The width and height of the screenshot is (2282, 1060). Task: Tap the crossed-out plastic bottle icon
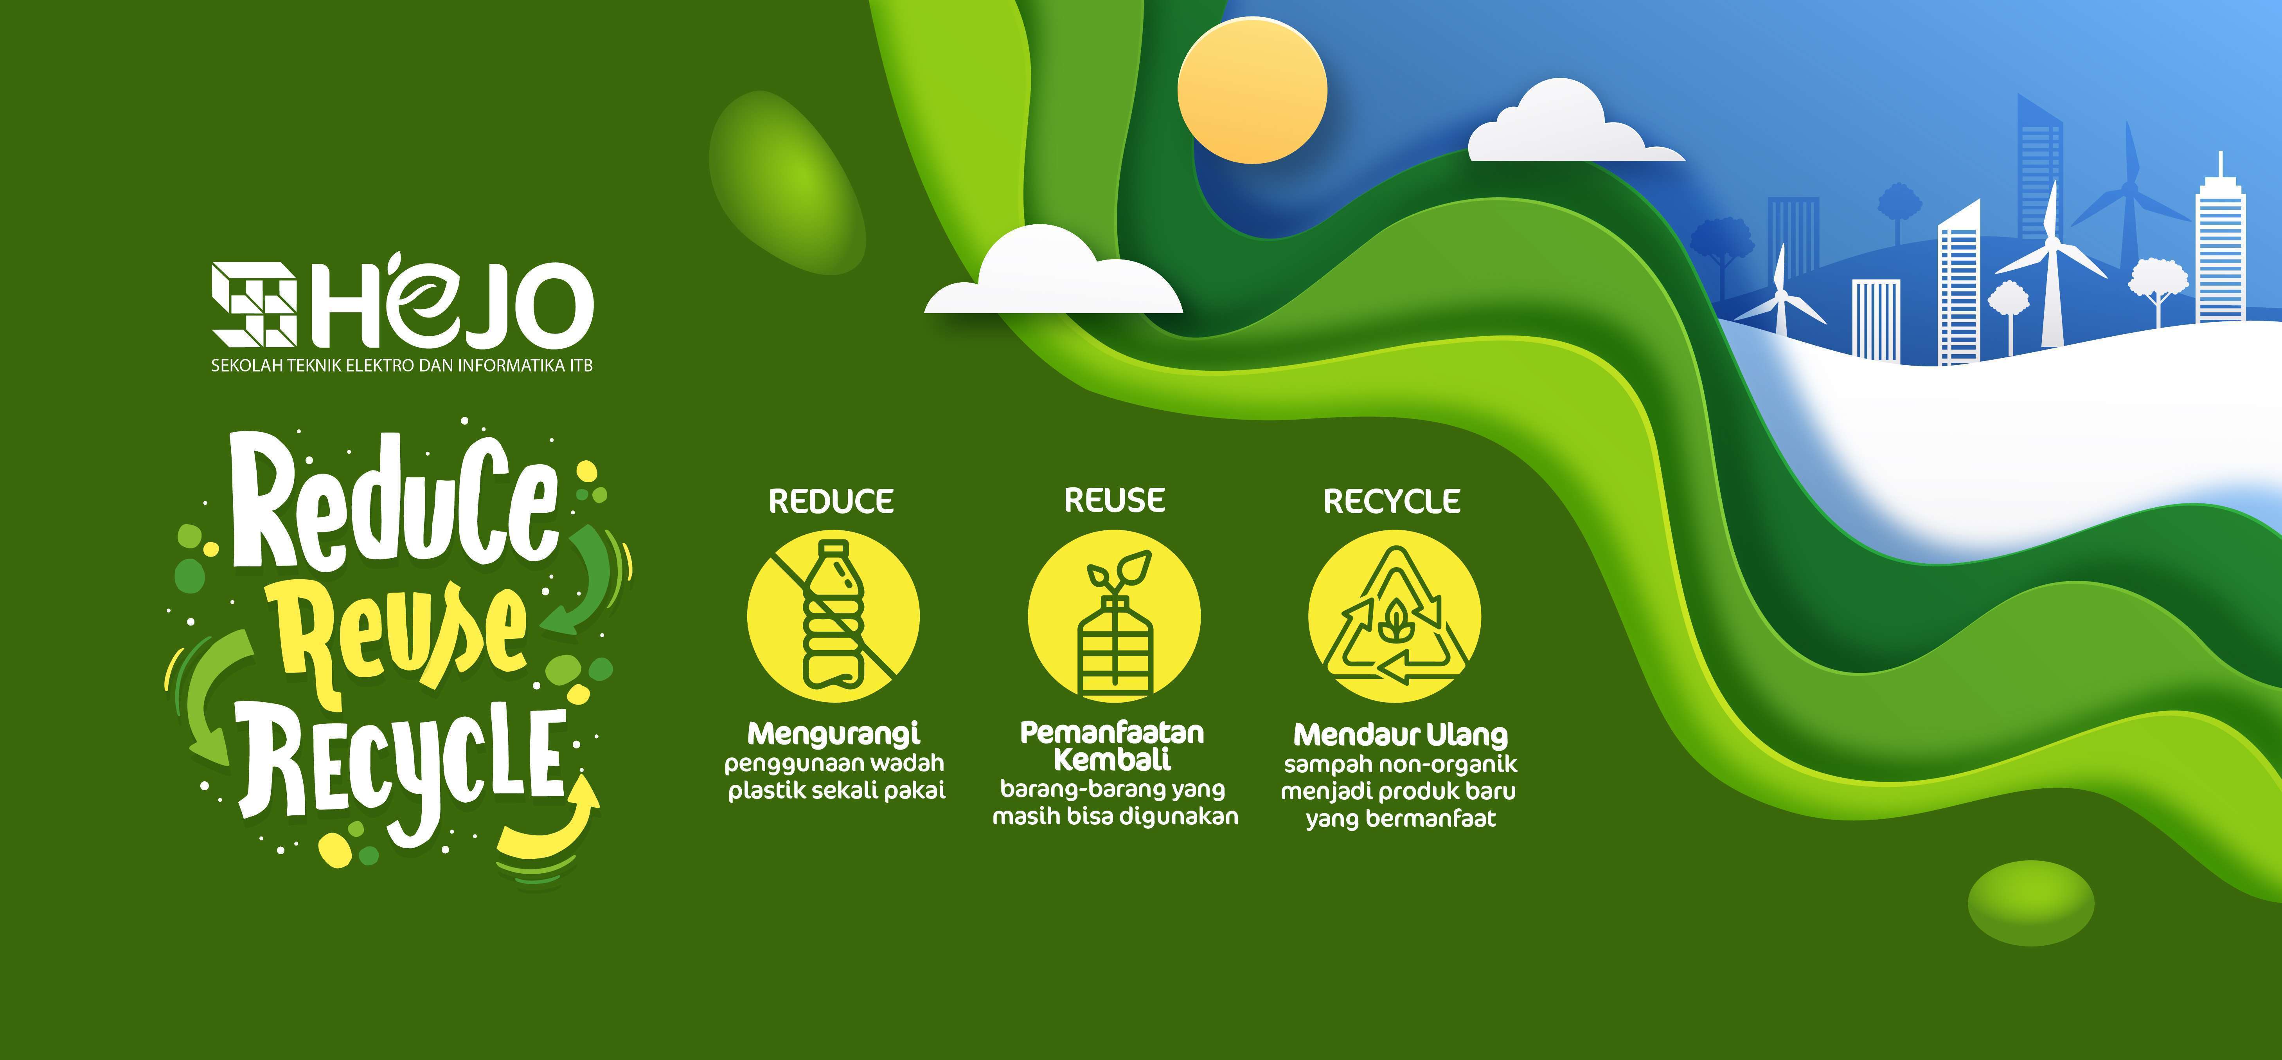(x=833, y=616)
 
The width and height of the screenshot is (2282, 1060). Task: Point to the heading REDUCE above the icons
(x=831, y=502)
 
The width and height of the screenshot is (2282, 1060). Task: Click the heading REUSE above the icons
(x=1115, y=501)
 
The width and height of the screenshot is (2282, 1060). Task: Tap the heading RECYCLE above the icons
(x=1392, y=502)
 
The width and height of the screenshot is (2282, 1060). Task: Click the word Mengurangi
(x=834, y=734)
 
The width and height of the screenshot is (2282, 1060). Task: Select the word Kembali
(x=1113, y=759)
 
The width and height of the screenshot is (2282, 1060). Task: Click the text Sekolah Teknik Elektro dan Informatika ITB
(x=401, y=365)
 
